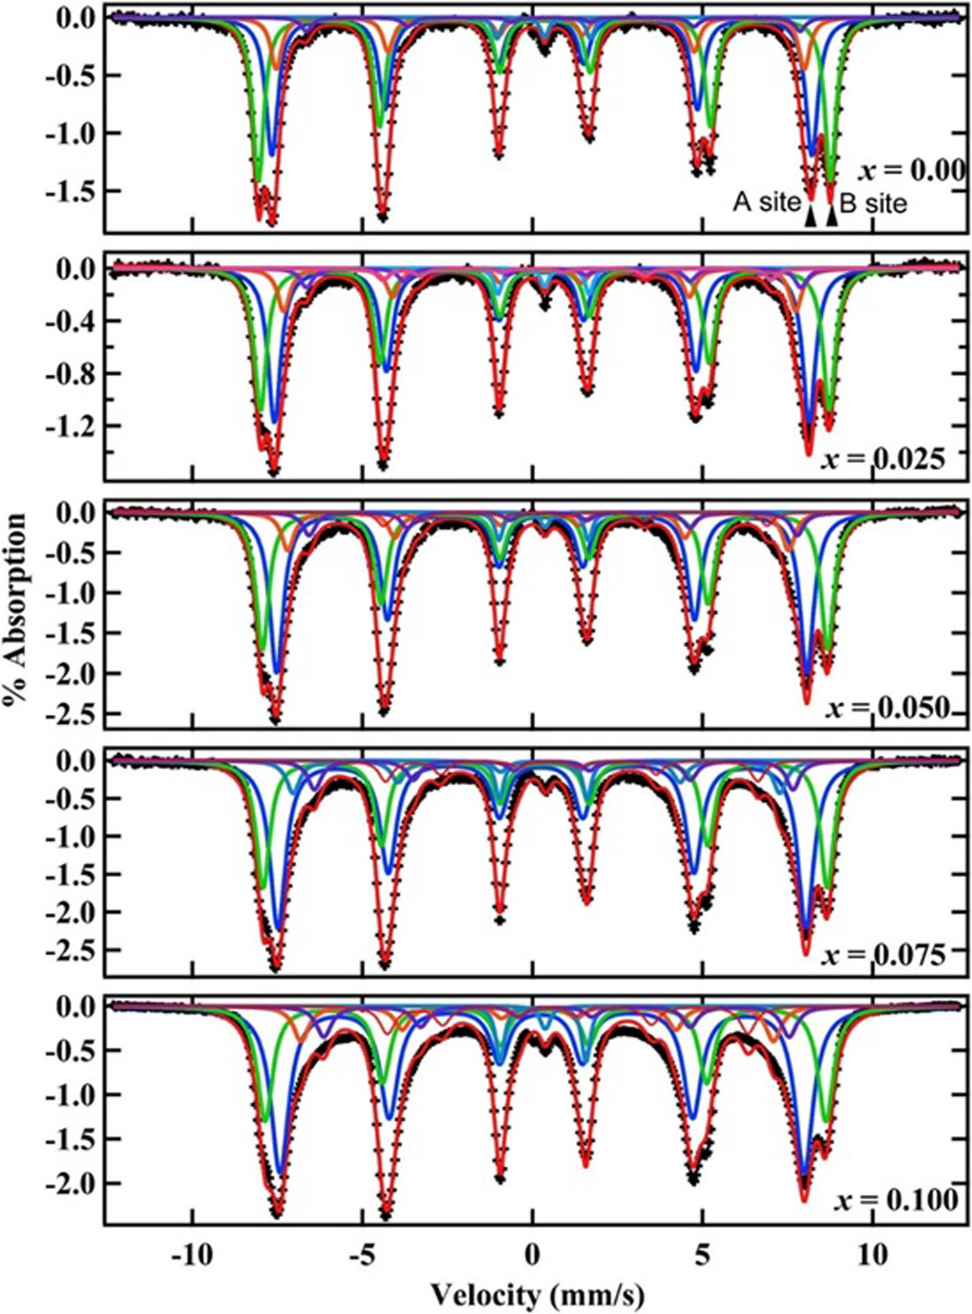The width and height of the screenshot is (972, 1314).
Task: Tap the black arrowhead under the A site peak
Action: tap(811, 218)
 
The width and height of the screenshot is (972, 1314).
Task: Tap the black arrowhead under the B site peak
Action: tap(832, 218)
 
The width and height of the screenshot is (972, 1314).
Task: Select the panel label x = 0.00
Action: tap(909, 172)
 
